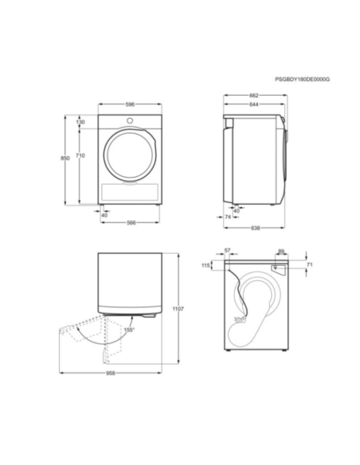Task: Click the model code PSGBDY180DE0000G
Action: (302, 80)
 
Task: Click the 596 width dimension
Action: (131, 104)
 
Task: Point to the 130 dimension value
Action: (80, 122)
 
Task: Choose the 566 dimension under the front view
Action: (132, 222)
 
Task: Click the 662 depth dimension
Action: (253, 96)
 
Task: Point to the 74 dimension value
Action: (227, 216)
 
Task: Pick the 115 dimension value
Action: (206, 265)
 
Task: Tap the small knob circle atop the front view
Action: (131, 121)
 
